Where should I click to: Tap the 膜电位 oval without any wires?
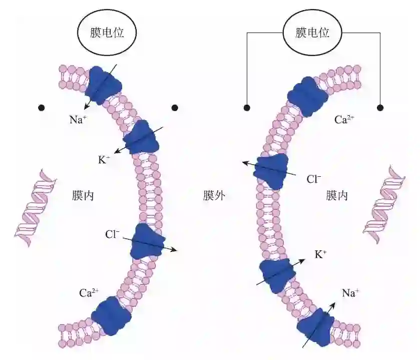tap(106, 33)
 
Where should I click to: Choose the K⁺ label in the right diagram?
tap(321, 254)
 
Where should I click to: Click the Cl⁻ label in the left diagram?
tap(112, 234)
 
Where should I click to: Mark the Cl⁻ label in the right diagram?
tap(314, 179)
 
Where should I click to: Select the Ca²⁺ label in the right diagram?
tap(345, 120)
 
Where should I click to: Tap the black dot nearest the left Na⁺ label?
tap(42, 108)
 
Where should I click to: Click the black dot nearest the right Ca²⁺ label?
tap(380, 108)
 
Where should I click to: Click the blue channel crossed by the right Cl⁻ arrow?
tap(271, 171)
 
